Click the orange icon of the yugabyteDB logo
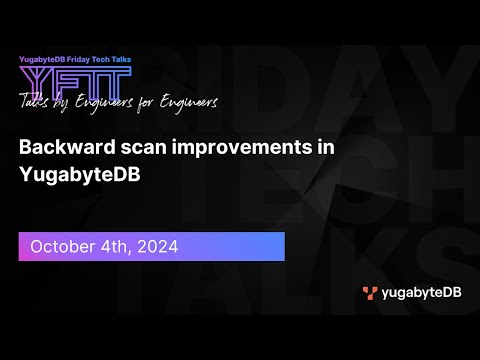pos(370,293)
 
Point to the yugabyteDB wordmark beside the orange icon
pos(418,293)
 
